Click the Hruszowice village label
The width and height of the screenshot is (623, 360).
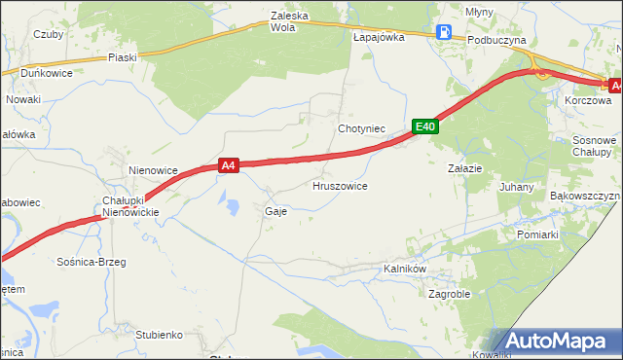point(340,185)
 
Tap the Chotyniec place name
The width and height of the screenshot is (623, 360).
point(362,128)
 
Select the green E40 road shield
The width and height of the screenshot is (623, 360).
point(424,126)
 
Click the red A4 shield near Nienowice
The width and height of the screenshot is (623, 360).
point(228,166)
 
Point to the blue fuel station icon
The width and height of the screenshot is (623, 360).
point(444,32)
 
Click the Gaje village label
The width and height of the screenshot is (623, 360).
point(275,210)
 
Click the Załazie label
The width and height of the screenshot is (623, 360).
point(464,168)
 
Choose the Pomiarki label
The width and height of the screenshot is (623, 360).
point(537,234)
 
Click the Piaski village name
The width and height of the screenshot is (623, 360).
point(123,57)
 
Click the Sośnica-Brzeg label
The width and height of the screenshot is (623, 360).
point(92,262)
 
